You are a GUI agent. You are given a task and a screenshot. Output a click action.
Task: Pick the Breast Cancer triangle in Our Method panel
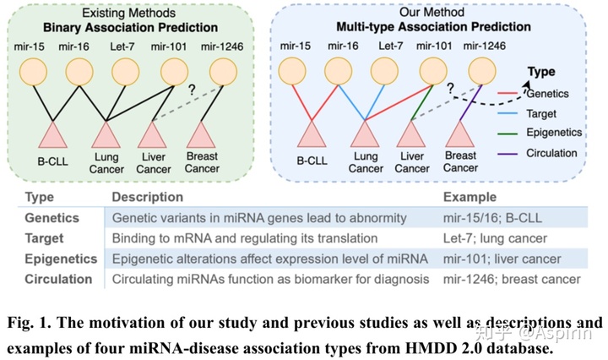click(461, 135)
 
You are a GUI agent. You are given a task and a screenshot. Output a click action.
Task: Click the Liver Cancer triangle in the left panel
click(154, 135)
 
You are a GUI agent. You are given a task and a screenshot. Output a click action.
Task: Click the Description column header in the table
click(148, 197)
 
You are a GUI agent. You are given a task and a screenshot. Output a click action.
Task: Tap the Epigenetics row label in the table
click(59, 259)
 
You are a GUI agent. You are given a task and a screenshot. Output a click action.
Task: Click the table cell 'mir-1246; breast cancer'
click(513, 279)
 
